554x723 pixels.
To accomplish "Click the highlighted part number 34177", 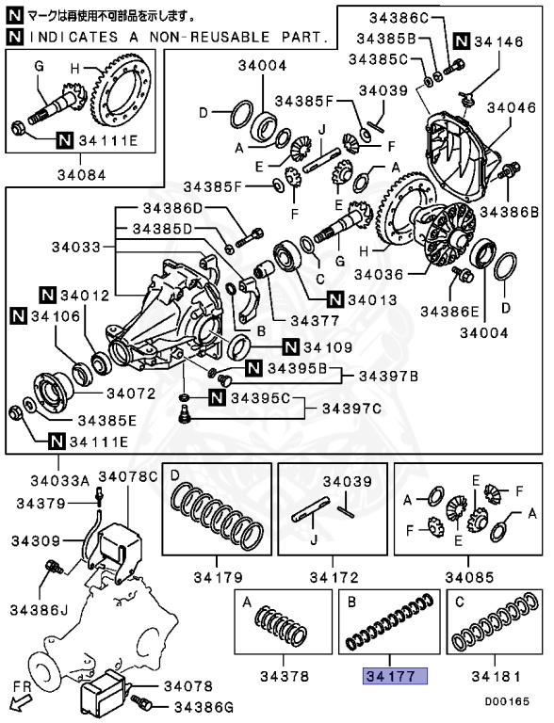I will tap(395, 676).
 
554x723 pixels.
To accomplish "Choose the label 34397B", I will tap(389, 376).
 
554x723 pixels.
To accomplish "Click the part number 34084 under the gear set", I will tap(85, 173).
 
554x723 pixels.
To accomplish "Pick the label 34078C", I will tap(127, 476).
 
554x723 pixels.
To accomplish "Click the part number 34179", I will tap(217, 576).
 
